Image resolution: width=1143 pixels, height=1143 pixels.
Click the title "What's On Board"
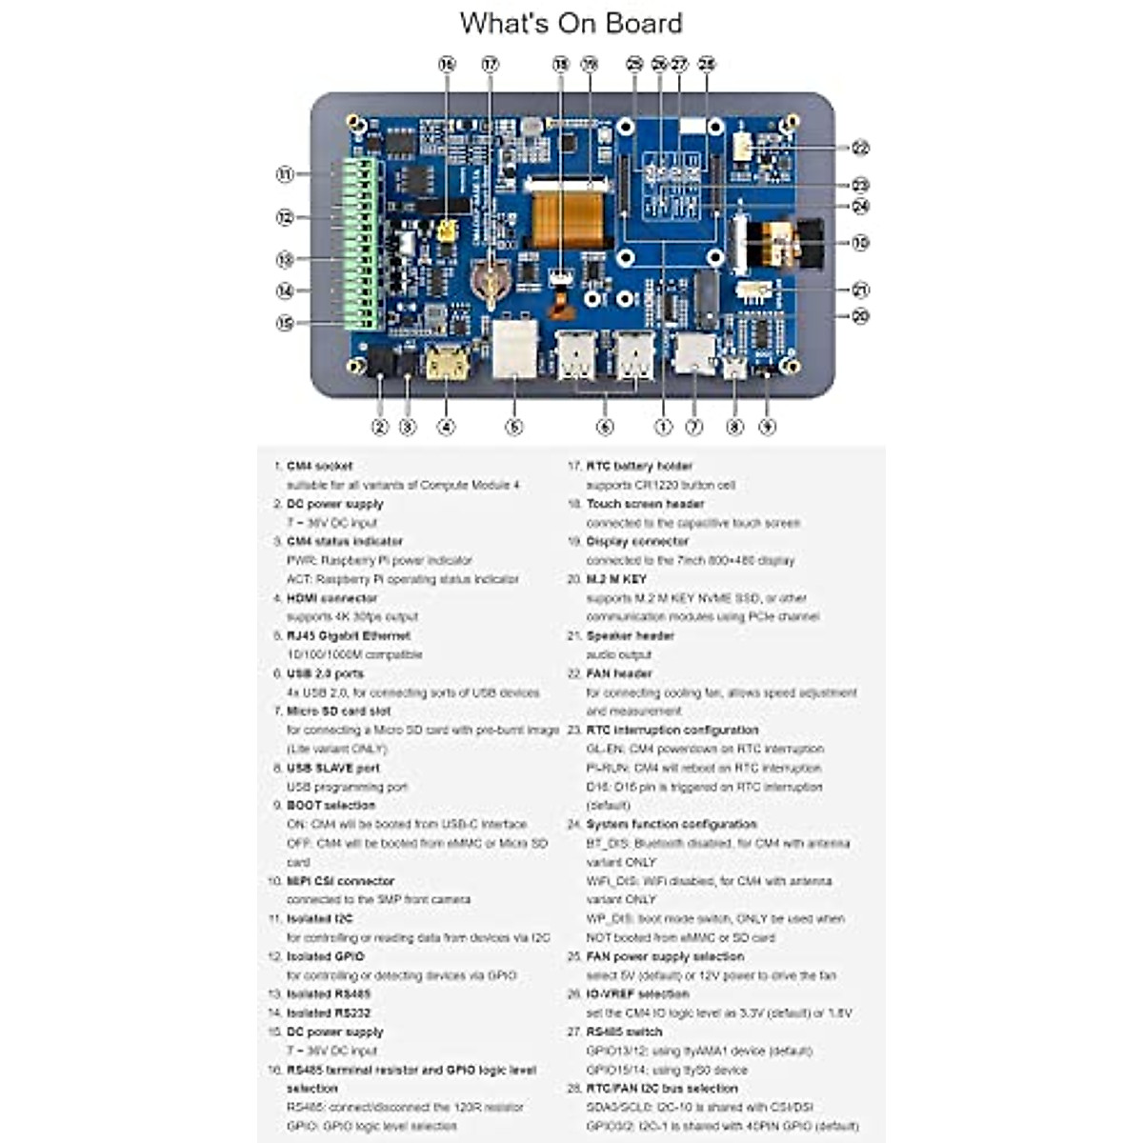pos(571,23)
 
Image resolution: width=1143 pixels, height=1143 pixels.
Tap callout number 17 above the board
pos(490,65)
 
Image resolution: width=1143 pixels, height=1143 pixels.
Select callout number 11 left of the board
pos(285,174)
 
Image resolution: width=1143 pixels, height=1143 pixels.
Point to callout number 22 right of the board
pos(860,148)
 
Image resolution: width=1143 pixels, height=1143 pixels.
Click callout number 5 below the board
pos(514,427)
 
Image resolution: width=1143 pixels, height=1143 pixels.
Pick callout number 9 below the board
pos(767,427)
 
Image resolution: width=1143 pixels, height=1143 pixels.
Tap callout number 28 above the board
pos(706,65)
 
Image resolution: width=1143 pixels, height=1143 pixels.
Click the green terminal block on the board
pos(362,243)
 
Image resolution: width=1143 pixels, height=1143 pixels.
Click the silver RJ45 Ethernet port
pos(514,349)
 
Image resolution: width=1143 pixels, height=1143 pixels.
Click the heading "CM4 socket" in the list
pos(319,466)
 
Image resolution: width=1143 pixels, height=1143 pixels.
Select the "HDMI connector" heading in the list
pos(331,598)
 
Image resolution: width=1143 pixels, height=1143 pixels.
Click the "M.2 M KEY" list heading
pos(616,579)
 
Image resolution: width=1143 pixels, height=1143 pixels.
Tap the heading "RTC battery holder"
pos(639,466)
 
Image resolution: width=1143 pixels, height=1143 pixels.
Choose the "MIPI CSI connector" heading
pos(340,881)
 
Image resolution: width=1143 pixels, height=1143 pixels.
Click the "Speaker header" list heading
pos(630,635)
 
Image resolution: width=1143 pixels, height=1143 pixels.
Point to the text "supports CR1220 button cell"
pos(660,485)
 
